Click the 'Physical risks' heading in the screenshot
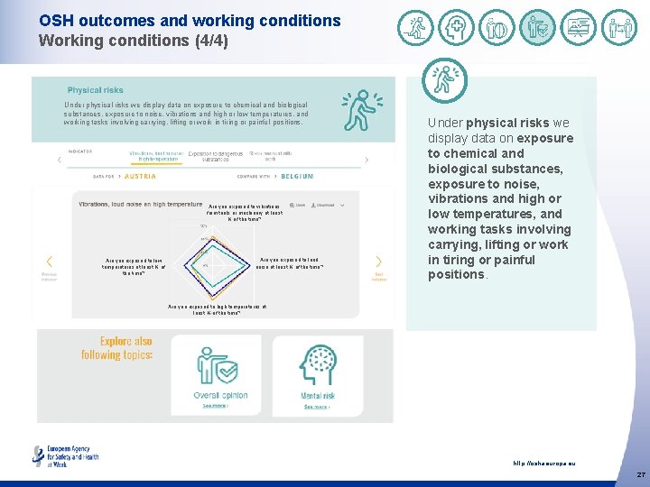[96, 90]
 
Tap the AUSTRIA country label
[140, 176]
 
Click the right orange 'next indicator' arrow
[378, 262]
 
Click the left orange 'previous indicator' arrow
[49, 262]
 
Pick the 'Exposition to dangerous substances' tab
[215, 156]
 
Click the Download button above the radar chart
[324, 205]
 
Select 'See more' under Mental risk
[317, 407]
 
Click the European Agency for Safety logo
[65, 455]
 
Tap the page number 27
[640, 474]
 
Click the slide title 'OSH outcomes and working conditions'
[190, 21]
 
